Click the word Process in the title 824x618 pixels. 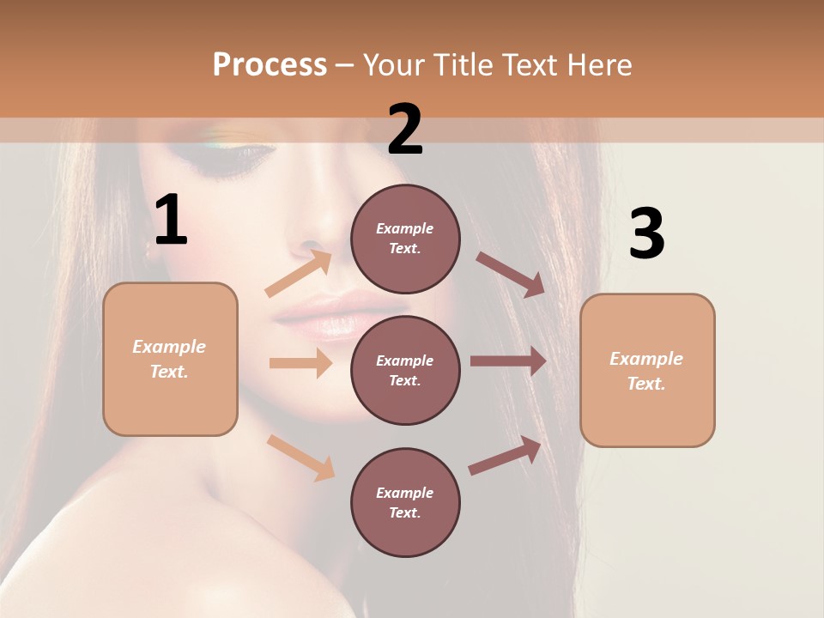point(270,64)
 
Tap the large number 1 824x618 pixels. point(171,221)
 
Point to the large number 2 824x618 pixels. point(405,130)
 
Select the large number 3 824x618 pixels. point(646,235)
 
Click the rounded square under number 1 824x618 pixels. point(170,359)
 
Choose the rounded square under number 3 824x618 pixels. point(647,371)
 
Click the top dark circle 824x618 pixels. point(405,239)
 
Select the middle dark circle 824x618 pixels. point(405,370)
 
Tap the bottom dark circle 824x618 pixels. point(405,502)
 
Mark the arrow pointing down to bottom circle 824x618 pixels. point(301,457)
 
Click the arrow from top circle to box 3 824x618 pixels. point(511,274)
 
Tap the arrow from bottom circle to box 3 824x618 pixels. point(506,456)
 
